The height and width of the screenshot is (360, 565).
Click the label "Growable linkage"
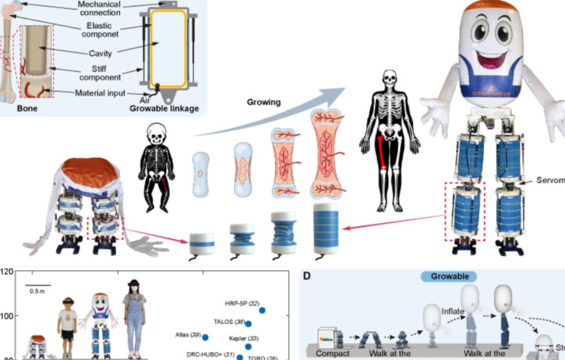click(x=164, y=109)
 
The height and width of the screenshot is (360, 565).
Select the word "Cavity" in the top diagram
click(x=100, y=53)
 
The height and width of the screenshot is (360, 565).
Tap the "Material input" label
click(x=100, y=93)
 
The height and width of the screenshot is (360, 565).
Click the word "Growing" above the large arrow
click(x=264, y=102)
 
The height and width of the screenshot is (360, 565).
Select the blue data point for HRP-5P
click(x=262, y=310)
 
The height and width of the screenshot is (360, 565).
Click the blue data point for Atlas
click(x=205, y=337)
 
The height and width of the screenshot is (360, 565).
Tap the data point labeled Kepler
click(x=248, y=347)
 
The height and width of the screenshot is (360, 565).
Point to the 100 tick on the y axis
click(x=8, y=316)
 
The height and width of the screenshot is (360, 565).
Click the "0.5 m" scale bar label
click(x=37, y=292)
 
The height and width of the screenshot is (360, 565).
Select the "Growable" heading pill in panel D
click(x=450, y=277)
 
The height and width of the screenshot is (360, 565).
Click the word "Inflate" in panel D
click(x=452, y=312)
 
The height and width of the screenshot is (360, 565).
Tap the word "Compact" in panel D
click(x=332, y=353)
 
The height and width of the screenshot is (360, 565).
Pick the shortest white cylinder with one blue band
click(x=202, y=243)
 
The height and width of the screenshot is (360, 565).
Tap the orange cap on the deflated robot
click(x=90, y=171)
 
